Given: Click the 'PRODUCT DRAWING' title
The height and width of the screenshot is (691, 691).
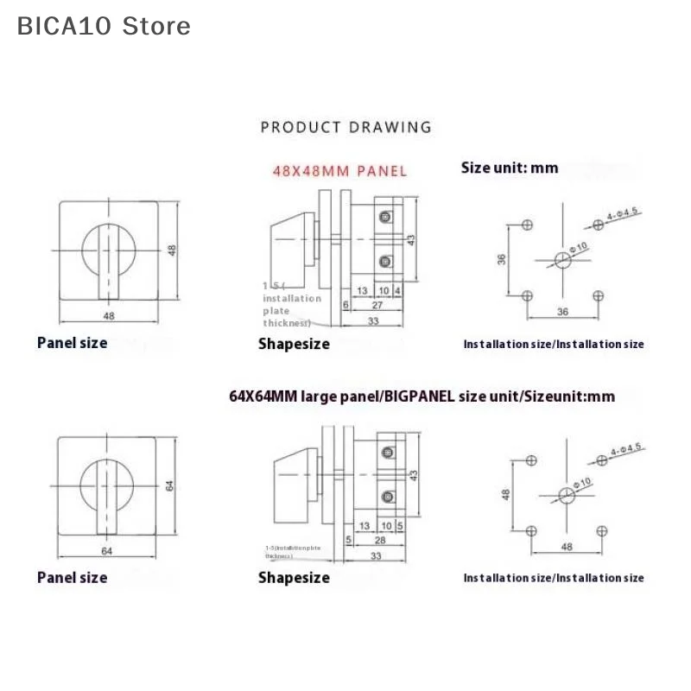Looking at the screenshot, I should pos(345,127).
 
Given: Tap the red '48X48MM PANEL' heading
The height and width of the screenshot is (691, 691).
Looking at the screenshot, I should pos(339,170).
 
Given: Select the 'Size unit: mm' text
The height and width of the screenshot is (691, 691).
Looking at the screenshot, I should pos(510,168).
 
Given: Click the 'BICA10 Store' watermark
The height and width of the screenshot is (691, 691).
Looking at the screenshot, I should pos(104,26).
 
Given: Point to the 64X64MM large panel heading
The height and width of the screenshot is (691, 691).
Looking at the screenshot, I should pos(422,396).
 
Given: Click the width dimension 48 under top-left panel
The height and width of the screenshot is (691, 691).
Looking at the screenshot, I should pos(109,316).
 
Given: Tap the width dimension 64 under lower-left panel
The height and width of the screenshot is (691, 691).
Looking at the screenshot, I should pos(108,550).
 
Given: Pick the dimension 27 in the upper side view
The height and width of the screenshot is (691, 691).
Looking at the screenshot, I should pos(377,305).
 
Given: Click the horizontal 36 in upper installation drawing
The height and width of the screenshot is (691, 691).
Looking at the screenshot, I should pos(562,312).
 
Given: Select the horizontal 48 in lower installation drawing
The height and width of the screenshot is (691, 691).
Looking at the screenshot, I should pos(567,547).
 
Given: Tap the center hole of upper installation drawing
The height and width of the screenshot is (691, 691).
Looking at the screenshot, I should pos(561,258).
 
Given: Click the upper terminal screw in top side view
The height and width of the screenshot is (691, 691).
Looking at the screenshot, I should pos(385,215).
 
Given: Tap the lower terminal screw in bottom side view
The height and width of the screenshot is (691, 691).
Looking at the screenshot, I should pos(387,497).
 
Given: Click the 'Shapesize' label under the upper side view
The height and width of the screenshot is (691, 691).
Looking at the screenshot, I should pos(294,344).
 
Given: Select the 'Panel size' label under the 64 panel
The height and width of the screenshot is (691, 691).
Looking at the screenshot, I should pos(73,577).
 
